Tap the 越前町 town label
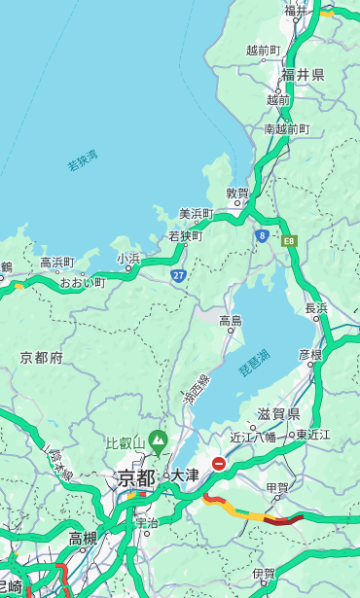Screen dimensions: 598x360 pos(263,51)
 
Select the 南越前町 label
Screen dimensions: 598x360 pos(286,128)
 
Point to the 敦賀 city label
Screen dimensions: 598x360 pos(237,193)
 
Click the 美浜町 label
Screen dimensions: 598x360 pos(196,214)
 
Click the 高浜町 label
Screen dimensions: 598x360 pos(56,262)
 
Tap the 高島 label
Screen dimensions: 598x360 pos(231,321)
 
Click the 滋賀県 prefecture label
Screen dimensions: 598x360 pos(278,415)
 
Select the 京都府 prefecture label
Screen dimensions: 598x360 pos(42,358)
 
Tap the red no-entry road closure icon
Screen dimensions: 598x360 pos(219,464)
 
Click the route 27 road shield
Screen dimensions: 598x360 pos(179,275)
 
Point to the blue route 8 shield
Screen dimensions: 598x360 pos(262,235)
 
